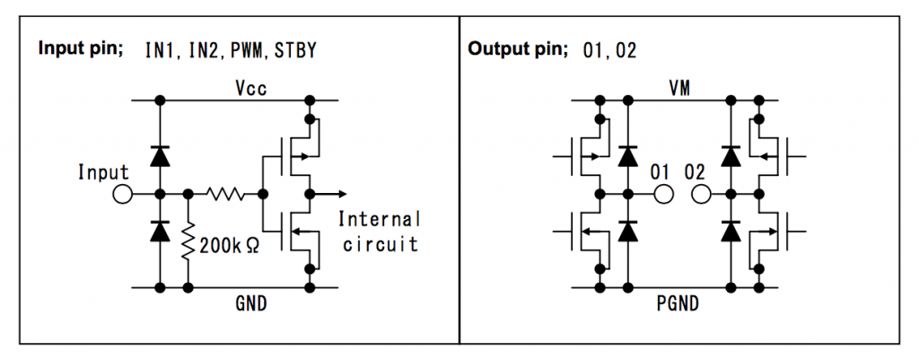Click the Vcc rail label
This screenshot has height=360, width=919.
click(251, 88)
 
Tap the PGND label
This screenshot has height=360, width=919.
click(679, 304)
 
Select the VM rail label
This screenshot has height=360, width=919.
click(679, 88)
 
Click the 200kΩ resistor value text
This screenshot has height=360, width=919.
click(230, 245)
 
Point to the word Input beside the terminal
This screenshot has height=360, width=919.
click(104, 172)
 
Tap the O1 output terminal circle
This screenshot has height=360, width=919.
click(664, 193)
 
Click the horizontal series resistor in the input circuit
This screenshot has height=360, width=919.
click(225, 193)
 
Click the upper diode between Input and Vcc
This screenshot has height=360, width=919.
click(160, 156)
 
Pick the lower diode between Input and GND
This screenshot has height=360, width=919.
click(160, 232)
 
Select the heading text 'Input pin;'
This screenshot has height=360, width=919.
click(80, 48)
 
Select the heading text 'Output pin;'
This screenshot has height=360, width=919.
click(518, 48)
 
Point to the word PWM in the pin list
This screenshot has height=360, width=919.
click(243, 49)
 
